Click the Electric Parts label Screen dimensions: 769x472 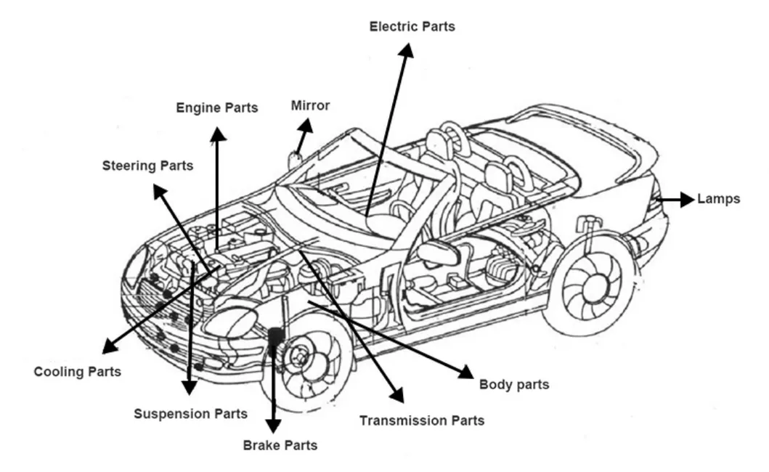pos(412,26)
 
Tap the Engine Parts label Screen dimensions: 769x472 pos(217,108)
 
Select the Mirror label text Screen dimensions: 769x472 pos(311,105)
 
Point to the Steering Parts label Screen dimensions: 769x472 pos(147,166)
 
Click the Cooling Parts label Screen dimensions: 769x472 pos(78,372)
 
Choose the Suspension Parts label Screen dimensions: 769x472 pos(191,414)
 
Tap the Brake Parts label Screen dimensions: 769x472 pos(280,446)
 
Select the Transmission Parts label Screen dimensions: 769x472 pos(422,421)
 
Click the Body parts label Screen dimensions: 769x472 pos(514,385)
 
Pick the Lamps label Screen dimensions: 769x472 pos(718,199)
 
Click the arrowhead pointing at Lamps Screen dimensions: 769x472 pos(687,200)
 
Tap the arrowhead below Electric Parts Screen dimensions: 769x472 pos(406,51)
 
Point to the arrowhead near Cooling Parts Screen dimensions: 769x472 pos(110,346)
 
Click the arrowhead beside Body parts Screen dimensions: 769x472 pos(466,372)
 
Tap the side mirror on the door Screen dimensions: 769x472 pos(438,252)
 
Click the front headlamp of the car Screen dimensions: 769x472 pos(231,322)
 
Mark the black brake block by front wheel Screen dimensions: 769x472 pos(275,336)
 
